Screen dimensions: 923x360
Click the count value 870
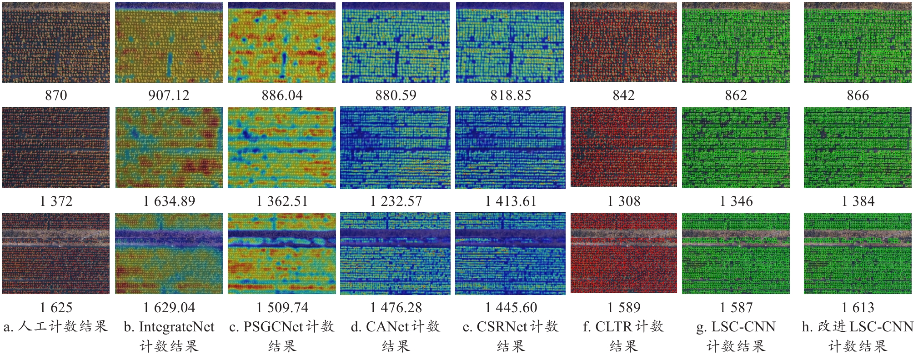56,95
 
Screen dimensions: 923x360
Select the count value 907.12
169,95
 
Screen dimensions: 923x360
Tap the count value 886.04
282,95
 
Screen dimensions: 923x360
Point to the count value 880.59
396,95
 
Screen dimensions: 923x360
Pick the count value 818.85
511,95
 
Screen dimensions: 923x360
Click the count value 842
623,95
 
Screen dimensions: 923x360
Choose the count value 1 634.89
169,201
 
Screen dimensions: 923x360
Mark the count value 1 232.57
396,201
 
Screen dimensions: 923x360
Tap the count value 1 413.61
511,201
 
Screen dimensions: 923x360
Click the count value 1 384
858,201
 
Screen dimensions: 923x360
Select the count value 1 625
56,308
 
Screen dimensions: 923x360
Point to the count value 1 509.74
282,308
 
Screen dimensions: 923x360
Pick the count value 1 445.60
511,308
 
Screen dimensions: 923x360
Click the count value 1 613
858,308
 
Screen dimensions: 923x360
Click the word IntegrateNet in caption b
176,327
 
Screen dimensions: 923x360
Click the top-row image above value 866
858,43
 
